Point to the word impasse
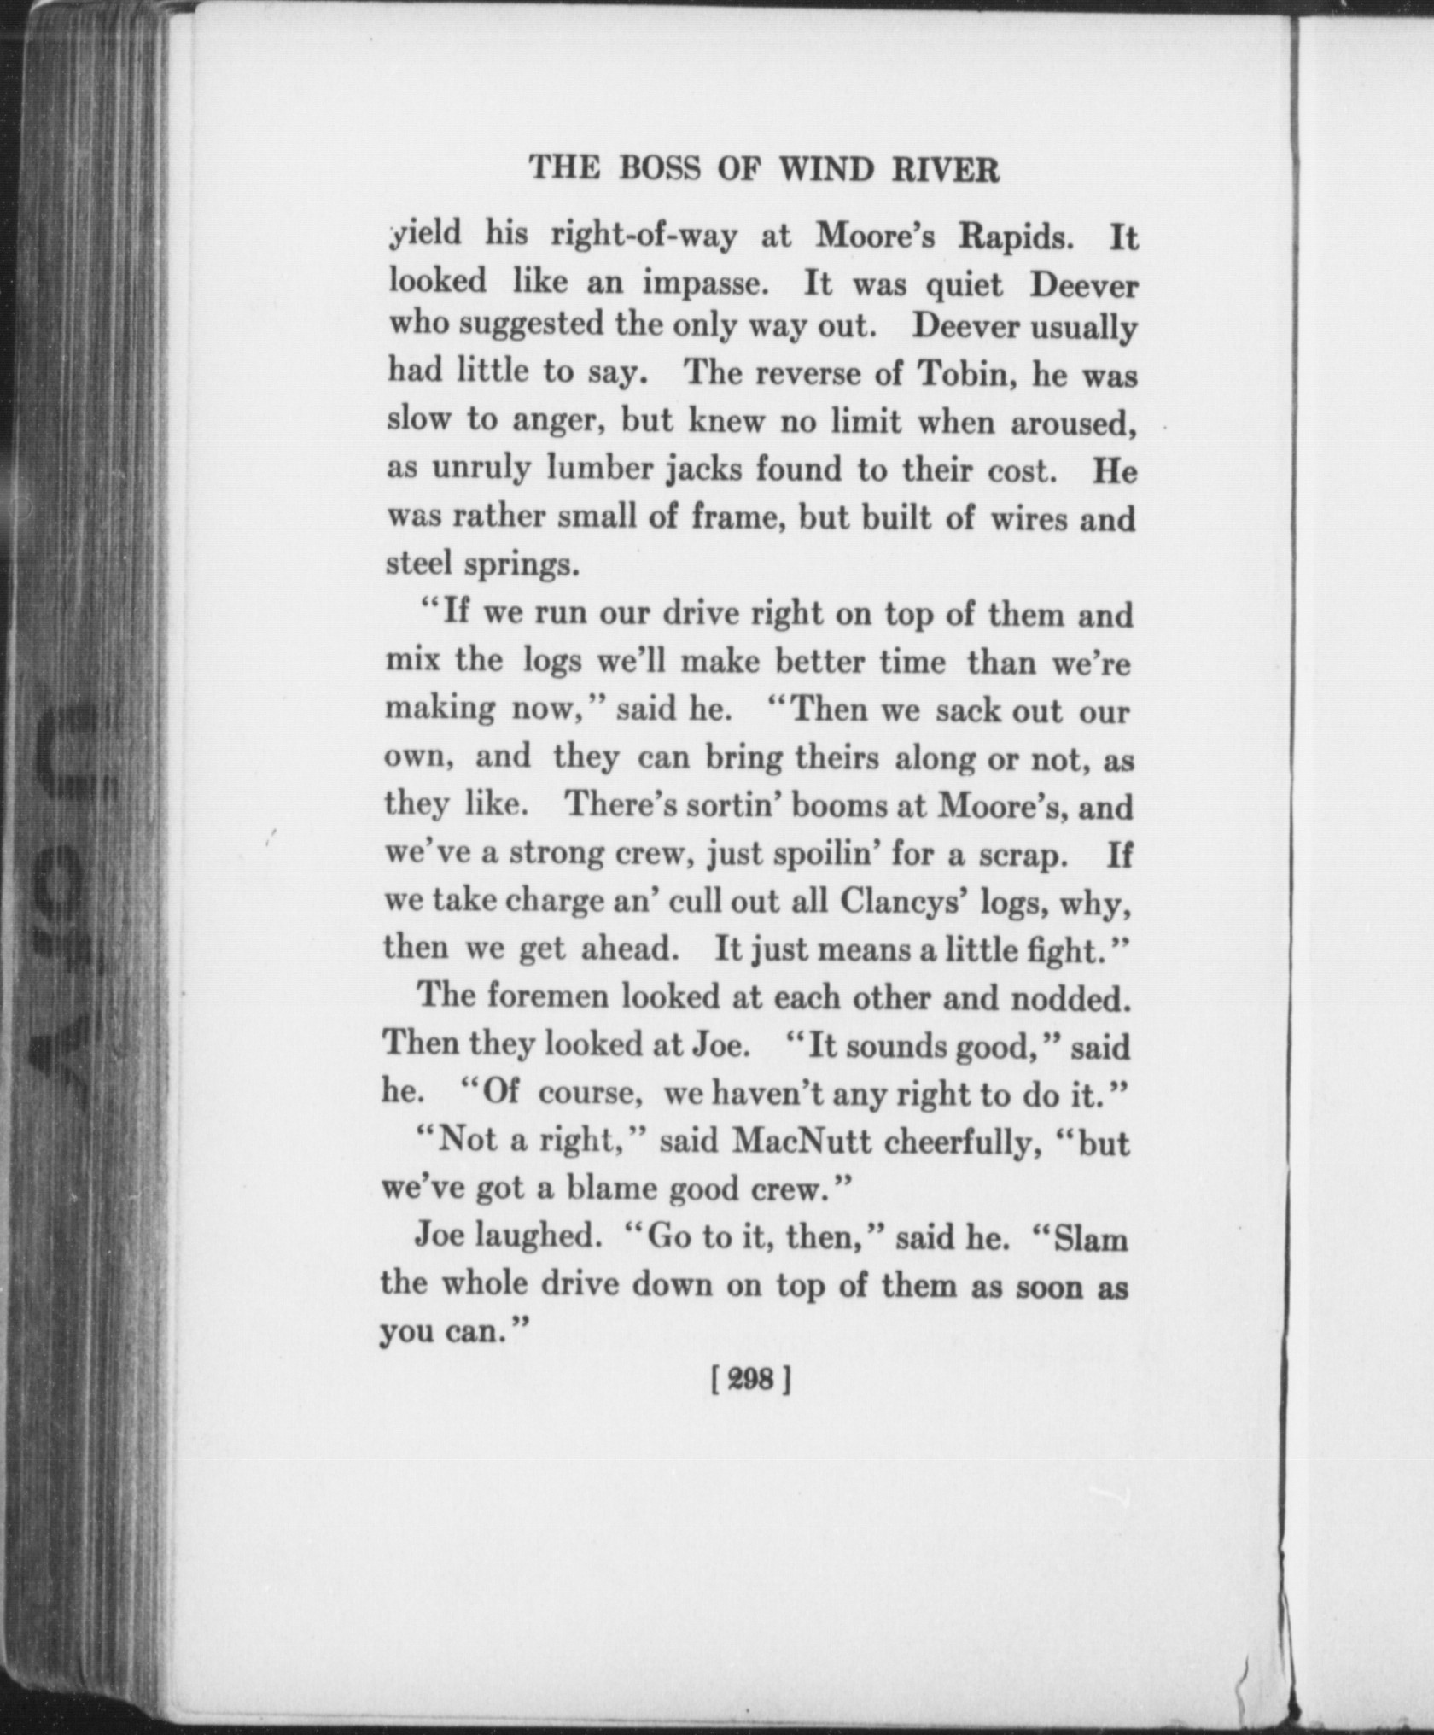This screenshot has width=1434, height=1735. pyautogui.click(x=705, y=283)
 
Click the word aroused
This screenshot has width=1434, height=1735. pyautogui.click(x=1072, y=423)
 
